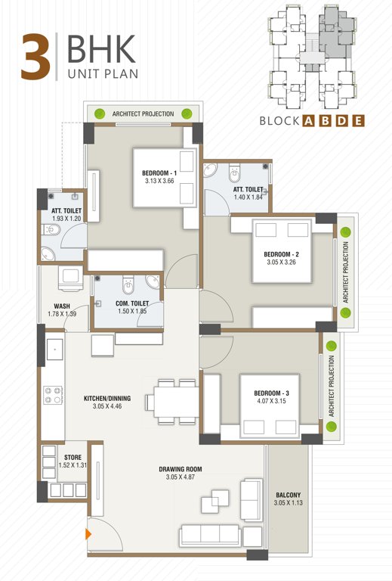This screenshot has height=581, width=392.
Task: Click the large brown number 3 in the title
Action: (35, 57)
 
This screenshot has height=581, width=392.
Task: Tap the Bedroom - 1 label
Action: (159, 173)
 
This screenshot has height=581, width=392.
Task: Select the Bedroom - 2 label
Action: (281, 254)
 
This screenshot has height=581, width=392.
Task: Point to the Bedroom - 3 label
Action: (271, 394)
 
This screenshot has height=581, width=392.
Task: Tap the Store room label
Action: (73, 457)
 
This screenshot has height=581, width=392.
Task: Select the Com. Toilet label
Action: (126, 303)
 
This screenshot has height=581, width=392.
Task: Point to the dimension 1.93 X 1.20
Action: (66, 219)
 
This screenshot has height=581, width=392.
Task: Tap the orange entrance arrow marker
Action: (90, 534)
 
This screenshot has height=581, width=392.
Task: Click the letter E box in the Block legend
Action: (360, 120)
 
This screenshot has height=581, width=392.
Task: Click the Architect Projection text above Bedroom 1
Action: (143, 114)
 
